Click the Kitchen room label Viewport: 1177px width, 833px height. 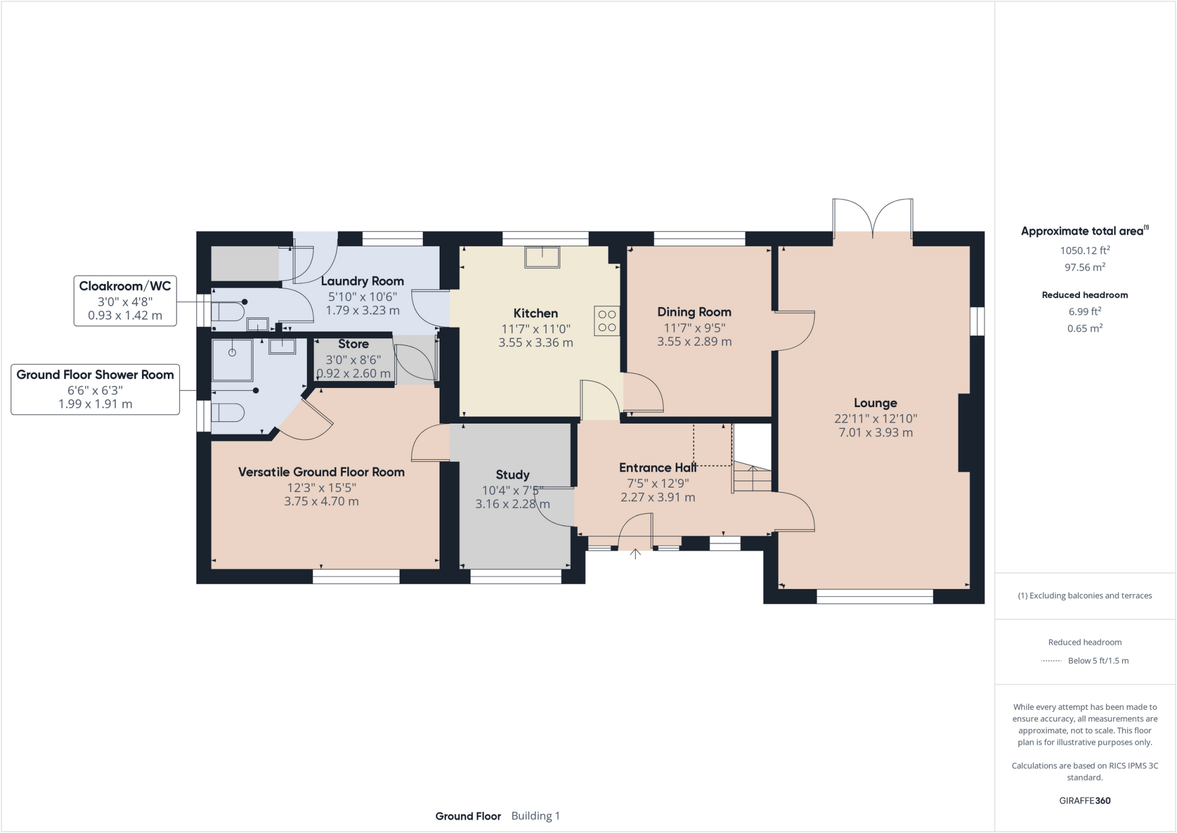pos(535,313)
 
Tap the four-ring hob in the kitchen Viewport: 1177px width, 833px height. pos(607,321)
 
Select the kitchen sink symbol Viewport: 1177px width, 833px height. pos(542,257)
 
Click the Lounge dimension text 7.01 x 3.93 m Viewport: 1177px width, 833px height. pos(875,433)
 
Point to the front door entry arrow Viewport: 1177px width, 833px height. pos(635,554)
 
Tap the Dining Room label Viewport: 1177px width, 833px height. pos(694,312)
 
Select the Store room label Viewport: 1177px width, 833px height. pos(353,344)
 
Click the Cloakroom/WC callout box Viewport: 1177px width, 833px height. pos(125,301)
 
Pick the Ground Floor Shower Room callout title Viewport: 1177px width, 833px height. pos(95,375)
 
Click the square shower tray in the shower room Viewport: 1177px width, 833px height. pos(232,360)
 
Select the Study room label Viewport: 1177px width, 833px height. pos(512,475)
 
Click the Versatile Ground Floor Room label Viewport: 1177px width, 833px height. pos(321,472)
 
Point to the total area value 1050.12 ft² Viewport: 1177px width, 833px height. pos(1084,251)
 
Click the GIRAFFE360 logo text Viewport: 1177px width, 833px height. pos(1084,800)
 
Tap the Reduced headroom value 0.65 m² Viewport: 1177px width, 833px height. pos(1084,328)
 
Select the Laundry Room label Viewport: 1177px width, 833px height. pos(362,281)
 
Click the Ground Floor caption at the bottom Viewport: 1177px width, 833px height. pos(468,816)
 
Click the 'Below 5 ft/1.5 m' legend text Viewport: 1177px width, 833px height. pos(1098,661)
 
